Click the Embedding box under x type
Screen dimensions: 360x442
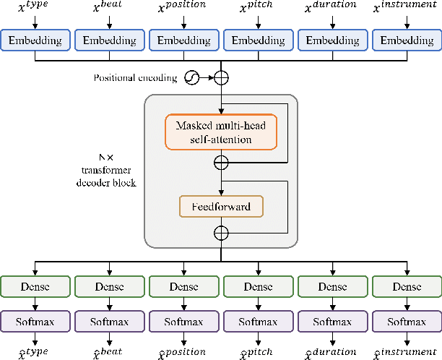35,40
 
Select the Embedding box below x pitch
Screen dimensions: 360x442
258,40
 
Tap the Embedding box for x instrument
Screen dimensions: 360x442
407,40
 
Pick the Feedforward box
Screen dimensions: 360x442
220,207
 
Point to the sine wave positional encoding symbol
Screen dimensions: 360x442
192,77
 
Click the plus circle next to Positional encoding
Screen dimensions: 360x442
221,77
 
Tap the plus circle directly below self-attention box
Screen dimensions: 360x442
221,163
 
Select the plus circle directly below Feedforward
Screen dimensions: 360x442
221,233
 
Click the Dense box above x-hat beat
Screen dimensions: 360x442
109,287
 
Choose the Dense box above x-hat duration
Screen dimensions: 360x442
332,287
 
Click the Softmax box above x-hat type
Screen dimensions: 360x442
35,320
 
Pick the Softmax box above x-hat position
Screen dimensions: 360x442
183,320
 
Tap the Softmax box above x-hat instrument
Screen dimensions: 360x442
407,320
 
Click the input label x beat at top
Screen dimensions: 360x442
109,9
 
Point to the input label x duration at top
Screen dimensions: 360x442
332,9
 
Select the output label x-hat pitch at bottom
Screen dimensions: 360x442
258,351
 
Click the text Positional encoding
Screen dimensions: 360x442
135,77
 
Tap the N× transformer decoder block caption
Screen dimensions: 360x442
107,170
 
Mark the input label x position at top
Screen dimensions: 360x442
183,9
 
